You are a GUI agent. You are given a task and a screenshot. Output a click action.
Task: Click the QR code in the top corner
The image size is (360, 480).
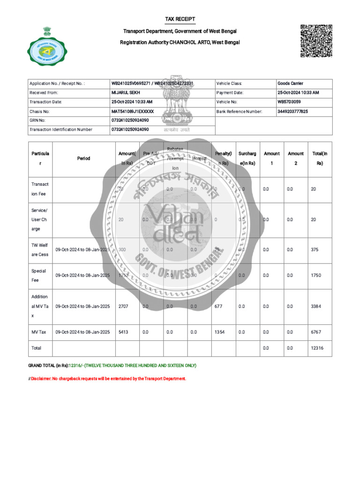[x=316, y=41]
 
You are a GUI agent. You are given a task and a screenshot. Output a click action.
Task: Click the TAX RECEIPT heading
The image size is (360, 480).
[x=180, y=19]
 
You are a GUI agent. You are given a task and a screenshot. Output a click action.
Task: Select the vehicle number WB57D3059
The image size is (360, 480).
[x=290, y=102]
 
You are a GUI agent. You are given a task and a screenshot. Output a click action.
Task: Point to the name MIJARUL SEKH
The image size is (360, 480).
[x=126, y=93]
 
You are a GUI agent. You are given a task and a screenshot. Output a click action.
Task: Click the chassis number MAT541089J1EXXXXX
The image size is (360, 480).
[x=133, y=112]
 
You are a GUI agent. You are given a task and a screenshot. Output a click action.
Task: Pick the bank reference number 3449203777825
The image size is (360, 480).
[x=293, y=112]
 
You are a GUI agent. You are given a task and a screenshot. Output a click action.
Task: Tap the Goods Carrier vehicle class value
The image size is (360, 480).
[x=290, y=83]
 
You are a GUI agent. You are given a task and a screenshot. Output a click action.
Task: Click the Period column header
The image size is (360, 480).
[x=83, y=158]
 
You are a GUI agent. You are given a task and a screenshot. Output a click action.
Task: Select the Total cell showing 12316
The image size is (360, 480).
[x=317, y=348]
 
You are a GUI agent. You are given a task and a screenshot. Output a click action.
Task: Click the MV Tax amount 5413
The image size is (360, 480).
[x=123, y=332]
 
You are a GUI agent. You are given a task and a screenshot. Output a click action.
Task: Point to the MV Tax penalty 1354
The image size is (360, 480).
[x=219, y=332]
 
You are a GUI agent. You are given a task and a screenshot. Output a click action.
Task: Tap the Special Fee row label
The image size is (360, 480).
[x=38, y=275]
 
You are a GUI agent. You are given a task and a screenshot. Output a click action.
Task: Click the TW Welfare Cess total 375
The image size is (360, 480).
[x=315, y=250]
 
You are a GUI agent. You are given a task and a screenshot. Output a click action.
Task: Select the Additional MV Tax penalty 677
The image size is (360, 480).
[x=218, y=307]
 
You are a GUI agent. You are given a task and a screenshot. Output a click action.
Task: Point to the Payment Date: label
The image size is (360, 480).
[x=230, y=93]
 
